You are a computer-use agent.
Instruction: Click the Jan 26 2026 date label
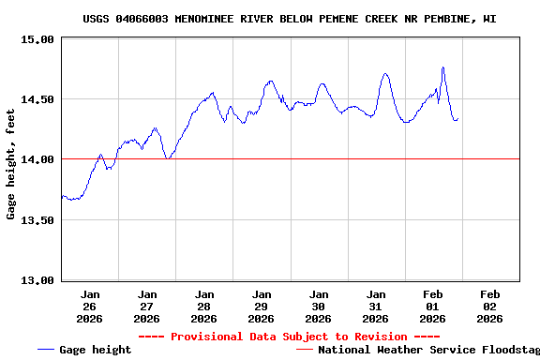[x=89, y=306]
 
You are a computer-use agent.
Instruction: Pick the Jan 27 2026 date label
[x=146, y=306]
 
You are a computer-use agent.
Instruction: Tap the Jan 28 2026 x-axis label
[x=203, y=306]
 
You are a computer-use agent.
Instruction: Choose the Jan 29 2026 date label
[x=261, y=306]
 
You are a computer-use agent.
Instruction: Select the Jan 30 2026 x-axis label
[x=318, y=306]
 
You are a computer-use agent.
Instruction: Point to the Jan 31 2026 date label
[x=375, y=306]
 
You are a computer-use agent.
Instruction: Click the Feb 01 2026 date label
[x=432, y=306]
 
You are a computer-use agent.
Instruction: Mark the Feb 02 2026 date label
[x=489, y=306]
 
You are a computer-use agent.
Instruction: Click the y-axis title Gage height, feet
[x=10, y=164]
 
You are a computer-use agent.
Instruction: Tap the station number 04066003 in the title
[x=143, y=19]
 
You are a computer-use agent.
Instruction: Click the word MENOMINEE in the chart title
[x=208, y=19]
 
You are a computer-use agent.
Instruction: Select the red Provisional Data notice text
[x=289, y=337]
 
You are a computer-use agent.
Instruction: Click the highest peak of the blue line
[x=442, y=67]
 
